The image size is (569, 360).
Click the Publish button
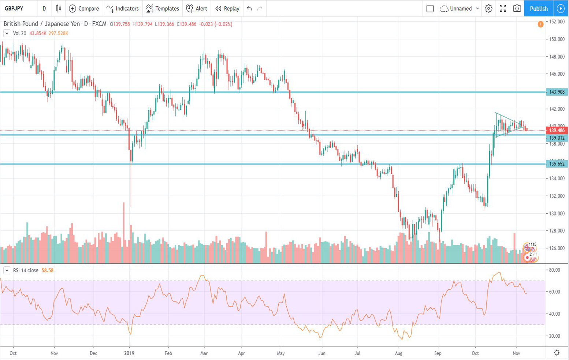pyautogui.click(x=539, y=8)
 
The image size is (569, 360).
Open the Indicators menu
pyautogui.click(x=123, y=8)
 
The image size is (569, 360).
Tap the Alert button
pyautogui.click(x=197, y=8)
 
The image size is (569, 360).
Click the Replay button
pyautogui.click(x=227, y=8)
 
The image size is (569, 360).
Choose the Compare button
pyautogui.click(x=84, y=8)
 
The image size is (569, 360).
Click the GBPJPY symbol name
pyautogui.click(x=14, y=8)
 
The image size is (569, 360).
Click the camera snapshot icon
pyautogui.click(x=517, y=8)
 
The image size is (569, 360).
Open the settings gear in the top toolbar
pyautogui.click(x=488, y=8)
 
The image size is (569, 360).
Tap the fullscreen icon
pyautogui.click(x=503, y=8)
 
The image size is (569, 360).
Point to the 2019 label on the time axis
pyautogui.click(x=129, y=353)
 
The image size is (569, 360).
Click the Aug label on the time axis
pyautogui.click(x=398, y=353)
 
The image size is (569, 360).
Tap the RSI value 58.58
pyautogui.click(x=47, y=270)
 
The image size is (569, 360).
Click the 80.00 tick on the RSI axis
pyautogui.click(x=555, y=270)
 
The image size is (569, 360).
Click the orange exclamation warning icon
pyautogui.click(x=540, y=24)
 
